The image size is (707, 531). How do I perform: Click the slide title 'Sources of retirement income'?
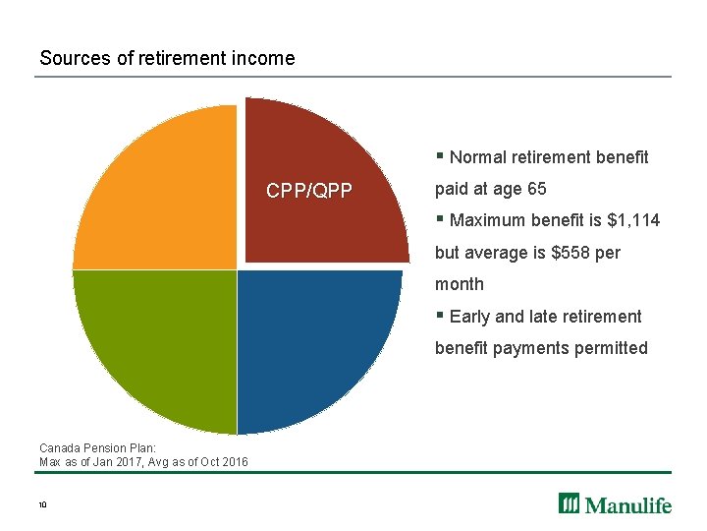click(x=167, y=58)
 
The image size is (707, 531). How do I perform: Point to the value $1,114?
click(x=634, y=220)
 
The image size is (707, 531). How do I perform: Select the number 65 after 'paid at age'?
click(x=536, y=189)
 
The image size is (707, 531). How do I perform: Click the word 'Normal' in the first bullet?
click(x=477, y=157)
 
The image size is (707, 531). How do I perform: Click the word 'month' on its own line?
click(x=460, y=284)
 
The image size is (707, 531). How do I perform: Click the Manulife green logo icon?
click(x=570, y=503)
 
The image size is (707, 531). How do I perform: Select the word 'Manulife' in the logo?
click(x=629, y=504)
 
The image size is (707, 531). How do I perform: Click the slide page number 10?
click(x=43, y=504)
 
